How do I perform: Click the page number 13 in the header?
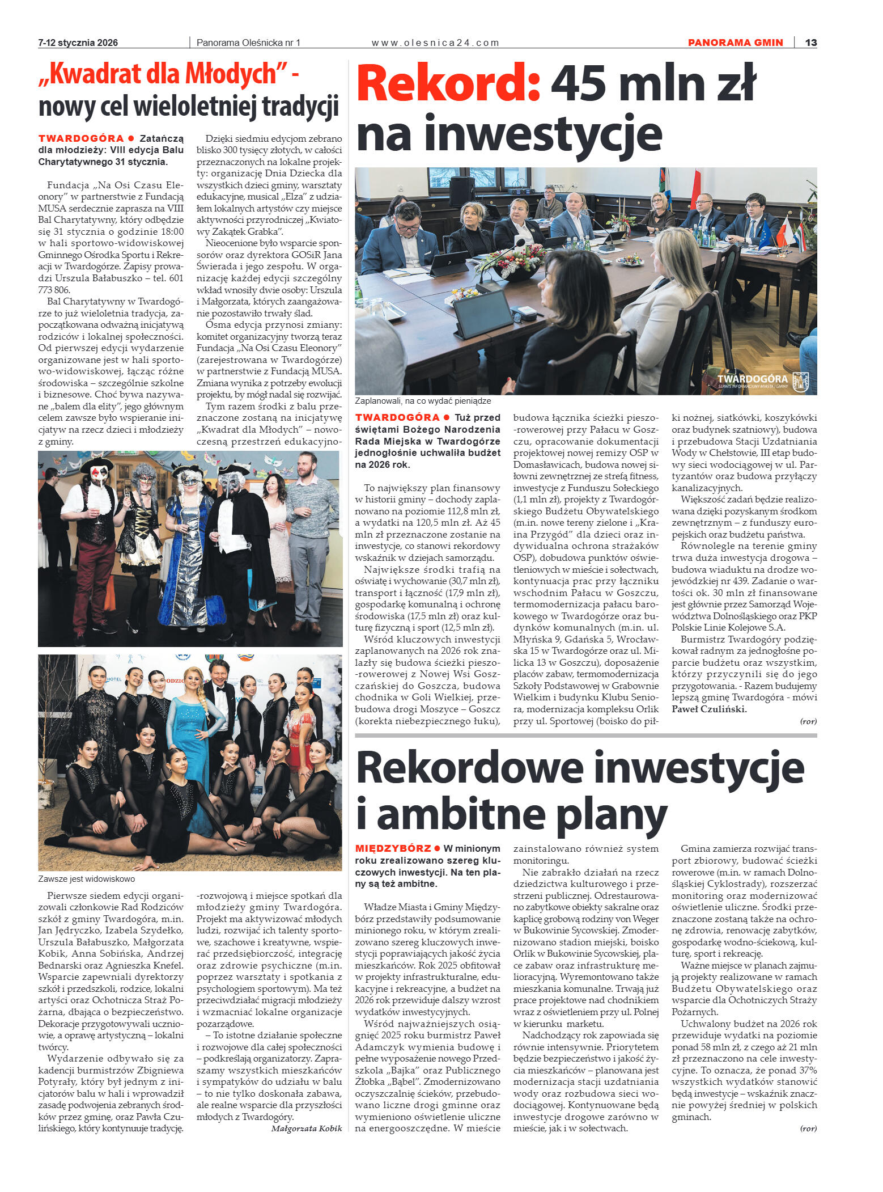[x=810, y=43]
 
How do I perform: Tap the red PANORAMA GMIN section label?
[x=735, y=43]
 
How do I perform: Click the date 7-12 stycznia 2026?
[x=78, y=43]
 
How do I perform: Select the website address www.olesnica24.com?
[x=435, y=43]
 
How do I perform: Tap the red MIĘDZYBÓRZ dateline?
[x=393, y=848]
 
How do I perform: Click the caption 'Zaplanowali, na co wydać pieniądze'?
[x=423, y=401]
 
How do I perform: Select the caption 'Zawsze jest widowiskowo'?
[x=87, y=879]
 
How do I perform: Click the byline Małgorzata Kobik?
[x=307, y=1128]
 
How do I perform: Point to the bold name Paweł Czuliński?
[x=709, y=709]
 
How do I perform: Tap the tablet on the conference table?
[x=483, y=315]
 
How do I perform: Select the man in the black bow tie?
[x=219, y=703]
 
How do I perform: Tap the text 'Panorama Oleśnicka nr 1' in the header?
[x=248, y=43]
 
